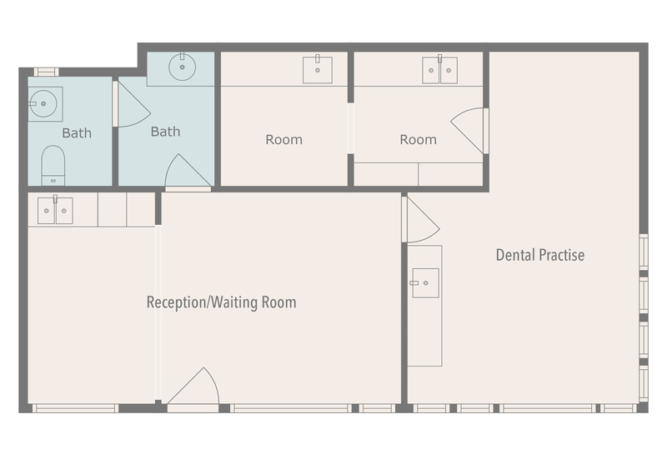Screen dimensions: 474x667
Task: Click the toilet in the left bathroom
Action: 53,164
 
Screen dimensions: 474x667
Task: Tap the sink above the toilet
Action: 43,104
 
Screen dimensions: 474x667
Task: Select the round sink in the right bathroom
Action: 182,67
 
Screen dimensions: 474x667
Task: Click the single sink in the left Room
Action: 317,70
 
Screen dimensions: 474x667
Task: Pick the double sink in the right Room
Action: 439,70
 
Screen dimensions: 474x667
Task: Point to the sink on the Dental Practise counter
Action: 425,283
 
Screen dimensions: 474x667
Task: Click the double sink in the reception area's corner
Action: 55,210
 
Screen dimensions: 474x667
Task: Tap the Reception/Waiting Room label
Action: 221,302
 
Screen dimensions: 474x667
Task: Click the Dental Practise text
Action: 540,255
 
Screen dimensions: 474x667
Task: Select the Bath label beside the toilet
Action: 77,133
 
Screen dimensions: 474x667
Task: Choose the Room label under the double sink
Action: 418,140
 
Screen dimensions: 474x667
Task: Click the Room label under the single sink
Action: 283,140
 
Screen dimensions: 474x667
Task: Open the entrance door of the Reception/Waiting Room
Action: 193,389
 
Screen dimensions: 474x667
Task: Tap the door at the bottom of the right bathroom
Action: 187,174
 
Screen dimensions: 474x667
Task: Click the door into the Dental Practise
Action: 419,221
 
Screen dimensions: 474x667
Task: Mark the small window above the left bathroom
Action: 46,72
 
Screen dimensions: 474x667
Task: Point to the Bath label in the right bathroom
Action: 165,132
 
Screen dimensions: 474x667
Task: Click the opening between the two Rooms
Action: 350,128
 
